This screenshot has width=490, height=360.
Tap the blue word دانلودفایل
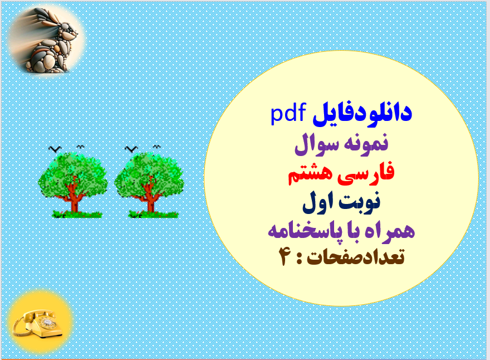click(x=362, y=113)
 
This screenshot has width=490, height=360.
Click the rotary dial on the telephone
click(x=48, y=323)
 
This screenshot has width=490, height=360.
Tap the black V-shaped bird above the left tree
click(x=55, y=149)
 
